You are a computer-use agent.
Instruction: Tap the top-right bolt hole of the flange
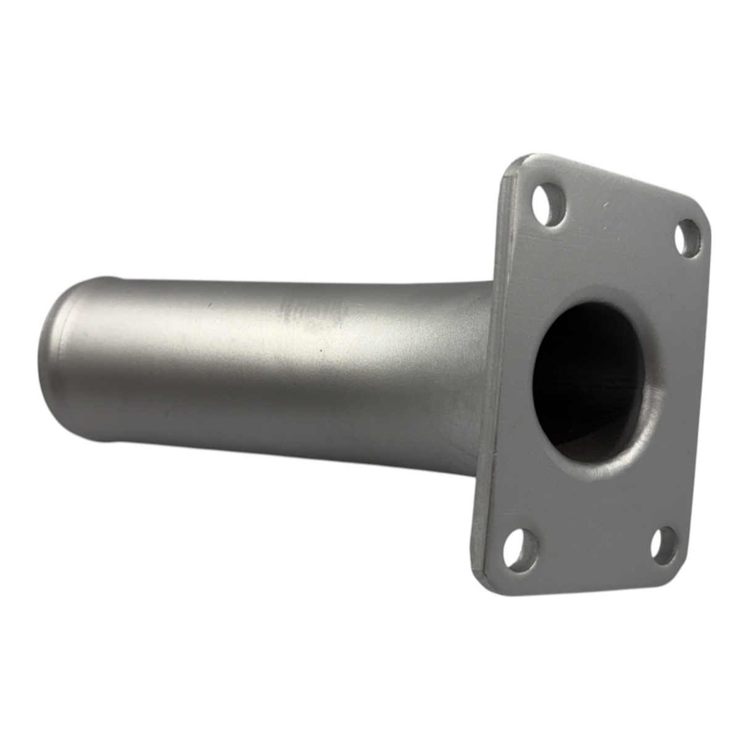click(x=688, y=238)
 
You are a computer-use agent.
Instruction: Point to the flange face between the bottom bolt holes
click(x=589, y=549)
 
